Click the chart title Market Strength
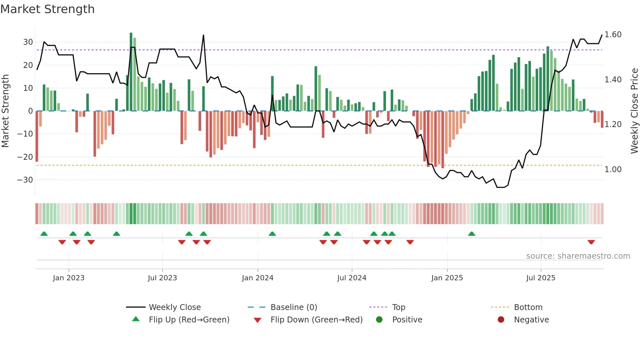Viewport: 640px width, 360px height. [47, 9]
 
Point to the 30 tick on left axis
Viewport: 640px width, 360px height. [28, 42]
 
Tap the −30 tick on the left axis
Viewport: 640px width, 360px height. [25, 180]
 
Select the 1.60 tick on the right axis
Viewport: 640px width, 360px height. [613, 35]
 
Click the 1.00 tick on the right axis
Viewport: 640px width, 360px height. [613, 170]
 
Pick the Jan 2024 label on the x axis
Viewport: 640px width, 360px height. [258, 278]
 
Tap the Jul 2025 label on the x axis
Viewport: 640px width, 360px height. [541, 278]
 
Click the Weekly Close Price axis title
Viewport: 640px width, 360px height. [634, 111]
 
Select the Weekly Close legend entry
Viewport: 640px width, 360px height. [175, 307]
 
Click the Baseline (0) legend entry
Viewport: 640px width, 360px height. [294, 307]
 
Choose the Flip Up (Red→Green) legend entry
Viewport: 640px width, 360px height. [189, 320]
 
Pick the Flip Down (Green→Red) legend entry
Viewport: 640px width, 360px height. [316, 320]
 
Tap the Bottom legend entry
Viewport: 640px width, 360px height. [528, 307]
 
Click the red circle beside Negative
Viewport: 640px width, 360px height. [501, 320]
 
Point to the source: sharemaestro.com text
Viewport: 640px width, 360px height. [578, 256]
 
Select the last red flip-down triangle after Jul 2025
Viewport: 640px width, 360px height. [591, 242]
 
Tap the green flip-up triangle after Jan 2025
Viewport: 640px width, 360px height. [472, 234]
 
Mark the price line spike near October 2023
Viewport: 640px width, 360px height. [203, 35]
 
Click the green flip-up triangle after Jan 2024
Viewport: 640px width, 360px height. [272, 234]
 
